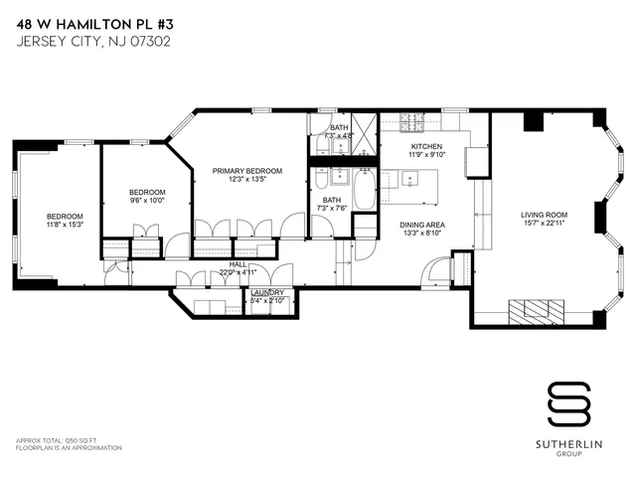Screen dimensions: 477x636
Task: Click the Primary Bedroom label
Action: [247, 171]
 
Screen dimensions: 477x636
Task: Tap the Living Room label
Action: [544, 215]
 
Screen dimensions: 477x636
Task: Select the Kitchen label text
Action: [427, 145]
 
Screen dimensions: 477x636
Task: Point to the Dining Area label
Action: [422, 225]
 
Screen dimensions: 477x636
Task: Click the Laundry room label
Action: [267, 292]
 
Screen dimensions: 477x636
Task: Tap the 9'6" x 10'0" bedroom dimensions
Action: [147, 201]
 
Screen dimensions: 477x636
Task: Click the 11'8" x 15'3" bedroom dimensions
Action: [65, 226]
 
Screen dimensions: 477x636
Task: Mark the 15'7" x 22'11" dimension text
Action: [544, 224]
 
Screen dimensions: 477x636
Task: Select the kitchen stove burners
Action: [412, 124]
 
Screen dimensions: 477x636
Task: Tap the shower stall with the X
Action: [365, 136]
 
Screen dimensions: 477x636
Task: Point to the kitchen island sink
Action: [411, 180]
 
